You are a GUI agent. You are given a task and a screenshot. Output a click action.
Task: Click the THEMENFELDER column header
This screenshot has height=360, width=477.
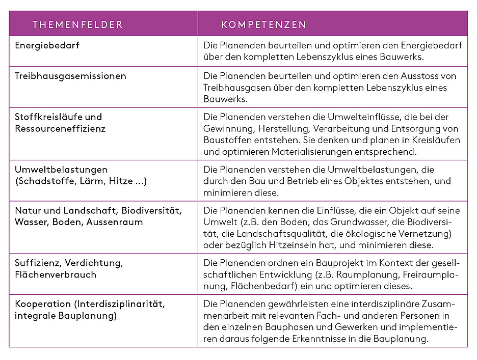pos(77,24)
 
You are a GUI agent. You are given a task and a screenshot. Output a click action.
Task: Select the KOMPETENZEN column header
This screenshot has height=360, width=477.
pos(263,24)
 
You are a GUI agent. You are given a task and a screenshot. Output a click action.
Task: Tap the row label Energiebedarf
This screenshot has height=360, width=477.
pos(47,45)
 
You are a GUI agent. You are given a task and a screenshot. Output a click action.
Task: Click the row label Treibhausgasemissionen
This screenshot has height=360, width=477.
pos(70,76)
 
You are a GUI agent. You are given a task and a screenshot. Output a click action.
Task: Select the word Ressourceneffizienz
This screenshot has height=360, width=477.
pos(60,128)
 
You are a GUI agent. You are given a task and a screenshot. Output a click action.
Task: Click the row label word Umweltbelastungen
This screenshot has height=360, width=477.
pos(61,170)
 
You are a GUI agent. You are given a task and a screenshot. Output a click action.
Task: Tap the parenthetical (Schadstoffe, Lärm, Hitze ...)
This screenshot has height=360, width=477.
pos(81,181)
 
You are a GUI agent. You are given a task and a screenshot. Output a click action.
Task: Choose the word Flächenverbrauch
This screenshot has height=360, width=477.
pos(56,274)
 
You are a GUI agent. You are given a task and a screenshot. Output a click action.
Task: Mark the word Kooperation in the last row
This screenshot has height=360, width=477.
pos(43,304)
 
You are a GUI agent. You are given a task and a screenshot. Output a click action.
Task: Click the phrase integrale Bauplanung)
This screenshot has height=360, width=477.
pos(66,316)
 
